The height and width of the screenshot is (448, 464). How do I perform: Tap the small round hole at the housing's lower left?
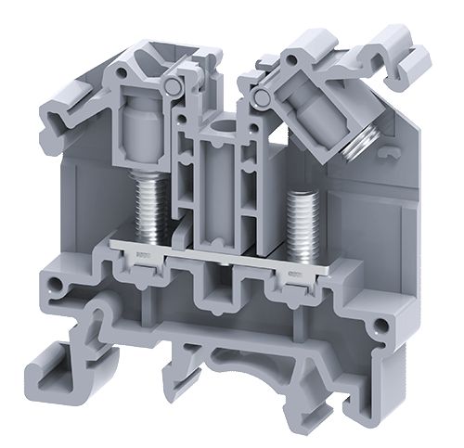[58, 285]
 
